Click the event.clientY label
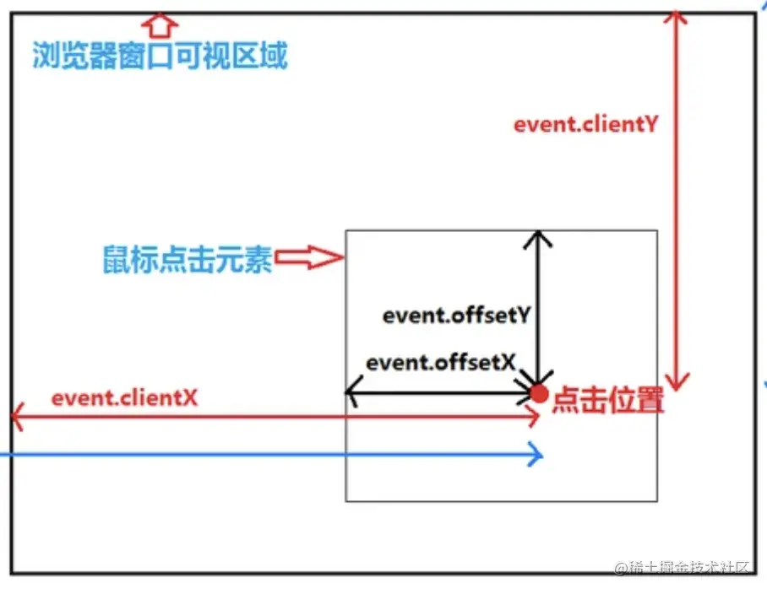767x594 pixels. tap(585, 125)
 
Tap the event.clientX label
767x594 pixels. tap(124, 397)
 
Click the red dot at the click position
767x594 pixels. tap(539, 392)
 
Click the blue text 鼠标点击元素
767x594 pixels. tap(188, 259)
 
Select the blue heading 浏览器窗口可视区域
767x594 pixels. tap(160, 57)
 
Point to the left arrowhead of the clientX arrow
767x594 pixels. tap(17, 415)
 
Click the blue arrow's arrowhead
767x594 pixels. tap(536, 456)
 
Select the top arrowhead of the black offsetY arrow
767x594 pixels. tap(538, 237)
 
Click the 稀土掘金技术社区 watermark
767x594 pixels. tap(683, 567)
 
